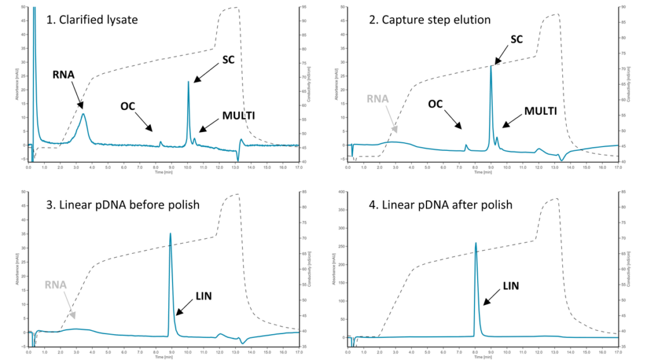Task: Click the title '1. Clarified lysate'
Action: pyautogui.click(x=92, y=20)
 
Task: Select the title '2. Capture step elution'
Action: pyautogui.click(x=430, y=20)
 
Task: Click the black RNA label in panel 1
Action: pyautogui.click(x=64, y=75)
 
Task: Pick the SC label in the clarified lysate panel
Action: pyautogui.click(x=228, y=60)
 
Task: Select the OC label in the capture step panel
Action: pyautogui.click(x=435, y=103)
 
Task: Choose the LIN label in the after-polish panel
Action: pyautogui.click(x=510, y=286)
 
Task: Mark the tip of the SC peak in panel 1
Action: pyautogui.click(x=188, y=81)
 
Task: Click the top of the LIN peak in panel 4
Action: pyautogui.click(x=476, y=243)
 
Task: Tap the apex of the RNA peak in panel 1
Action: pyautogui.click(x=83, y=114)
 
